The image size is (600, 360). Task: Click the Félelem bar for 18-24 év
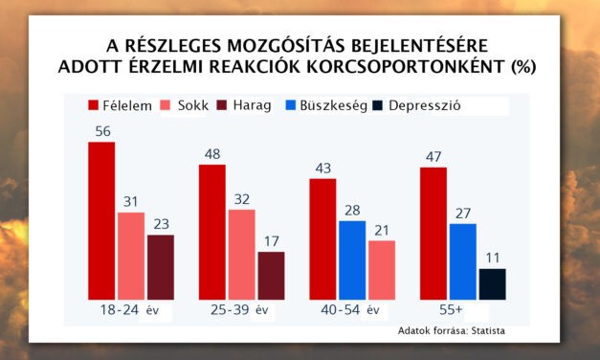101,220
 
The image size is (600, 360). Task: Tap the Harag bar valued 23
161,266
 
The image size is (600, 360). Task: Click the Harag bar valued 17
271,275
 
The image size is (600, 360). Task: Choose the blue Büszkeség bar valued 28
351,259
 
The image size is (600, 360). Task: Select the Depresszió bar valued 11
492,283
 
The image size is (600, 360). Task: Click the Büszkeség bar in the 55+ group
463,260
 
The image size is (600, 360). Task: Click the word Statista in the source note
484,331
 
